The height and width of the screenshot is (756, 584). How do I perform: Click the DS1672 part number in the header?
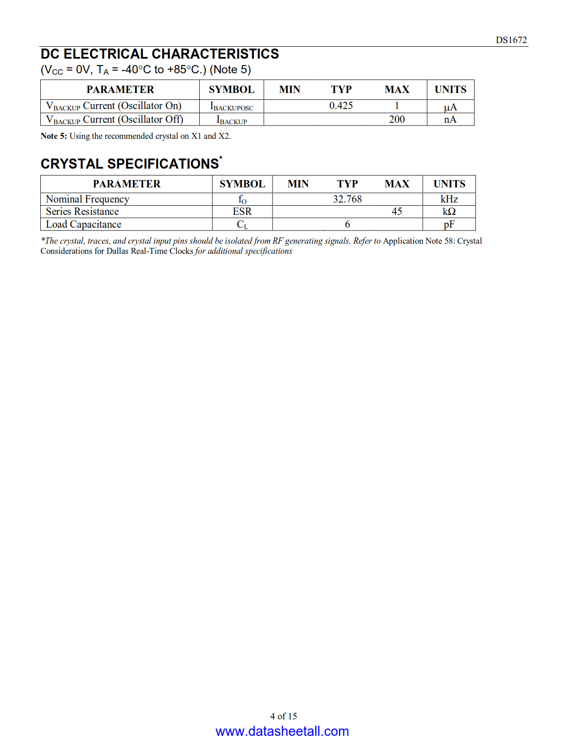tap(511, 40)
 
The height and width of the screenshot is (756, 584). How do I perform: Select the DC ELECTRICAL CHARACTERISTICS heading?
tap(159, 54)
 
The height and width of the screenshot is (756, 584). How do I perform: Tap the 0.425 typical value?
tap(341, 106)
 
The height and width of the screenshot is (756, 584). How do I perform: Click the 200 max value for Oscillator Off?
tap(397, 120)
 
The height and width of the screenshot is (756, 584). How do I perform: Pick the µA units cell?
tap(450, 107)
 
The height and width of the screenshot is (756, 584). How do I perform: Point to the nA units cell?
tap(450, 120)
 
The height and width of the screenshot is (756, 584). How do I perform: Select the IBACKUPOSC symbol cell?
tap(231, 107)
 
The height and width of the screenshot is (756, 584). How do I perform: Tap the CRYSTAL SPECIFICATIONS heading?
tap(130, 164)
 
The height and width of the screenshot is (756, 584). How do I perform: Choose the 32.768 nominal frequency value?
tap(347, 199)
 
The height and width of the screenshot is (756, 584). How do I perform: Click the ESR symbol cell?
tap(242, 211)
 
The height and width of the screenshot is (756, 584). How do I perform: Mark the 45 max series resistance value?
tap(397, 211)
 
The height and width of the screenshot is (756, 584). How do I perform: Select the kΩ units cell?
tap(449, 211)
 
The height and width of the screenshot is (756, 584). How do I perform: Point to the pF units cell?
tap(449, 224)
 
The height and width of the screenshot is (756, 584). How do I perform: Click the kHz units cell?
tap(449, 199)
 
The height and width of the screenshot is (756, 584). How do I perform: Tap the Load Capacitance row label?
tap(83, 224)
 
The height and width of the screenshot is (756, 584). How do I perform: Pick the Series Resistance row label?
tap(82, 211)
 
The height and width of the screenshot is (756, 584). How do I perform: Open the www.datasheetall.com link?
tap(282, 731)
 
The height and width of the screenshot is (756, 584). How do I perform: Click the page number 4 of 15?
tap(284, 716)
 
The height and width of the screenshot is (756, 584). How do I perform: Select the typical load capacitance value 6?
tap(347, 224)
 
